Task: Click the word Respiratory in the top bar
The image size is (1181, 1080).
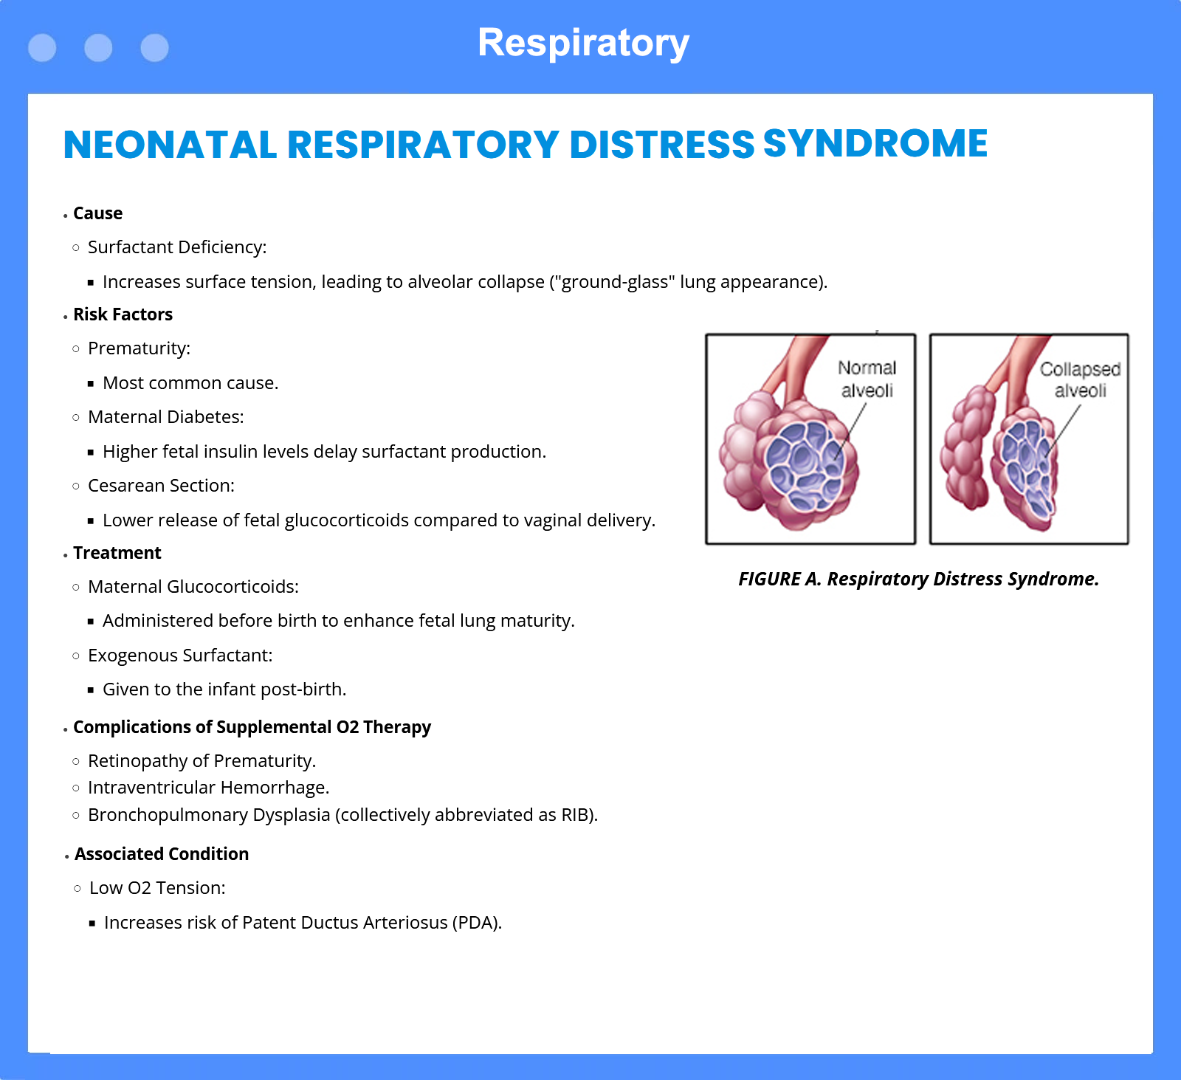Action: click(583, 44)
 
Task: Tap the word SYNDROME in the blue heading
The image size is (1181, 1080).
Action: click(875, 143)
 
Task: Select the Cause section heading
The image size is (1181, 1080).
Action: click(97, 213)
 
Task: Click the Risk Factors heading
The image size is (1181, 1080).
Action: click(123, 314)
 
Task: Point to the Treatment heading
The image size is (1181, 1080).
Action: click(117, 553)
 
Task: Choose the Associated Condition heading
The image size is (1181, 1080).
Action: click(162, 854)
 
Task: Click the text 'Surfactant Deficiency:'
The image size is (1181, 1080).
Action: click(177, 247)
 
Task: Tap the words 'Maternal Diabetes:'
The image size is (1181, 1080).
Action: click(165, 417)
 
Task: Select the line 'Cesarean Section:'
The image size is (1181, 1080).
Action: click(161, 486)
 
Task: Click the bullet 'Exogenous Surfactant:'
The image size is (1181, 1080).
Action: click(180, 656)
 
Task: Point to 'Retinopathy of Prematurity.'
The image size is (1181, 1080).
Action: click(202, 761)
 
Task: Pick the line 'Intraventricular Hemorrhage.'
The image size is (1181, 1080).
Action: click(208, 788)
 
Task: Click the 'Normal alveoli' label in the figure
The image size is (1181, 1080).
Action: click(867, 379)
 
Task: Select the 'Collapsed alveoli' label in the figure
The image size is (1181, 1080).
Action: click(1080, 379)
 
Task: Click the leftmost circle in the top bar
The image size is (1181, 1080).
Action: click(42, 48)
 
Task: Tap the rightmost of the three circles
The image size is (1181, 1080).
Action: click(154, 48)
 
